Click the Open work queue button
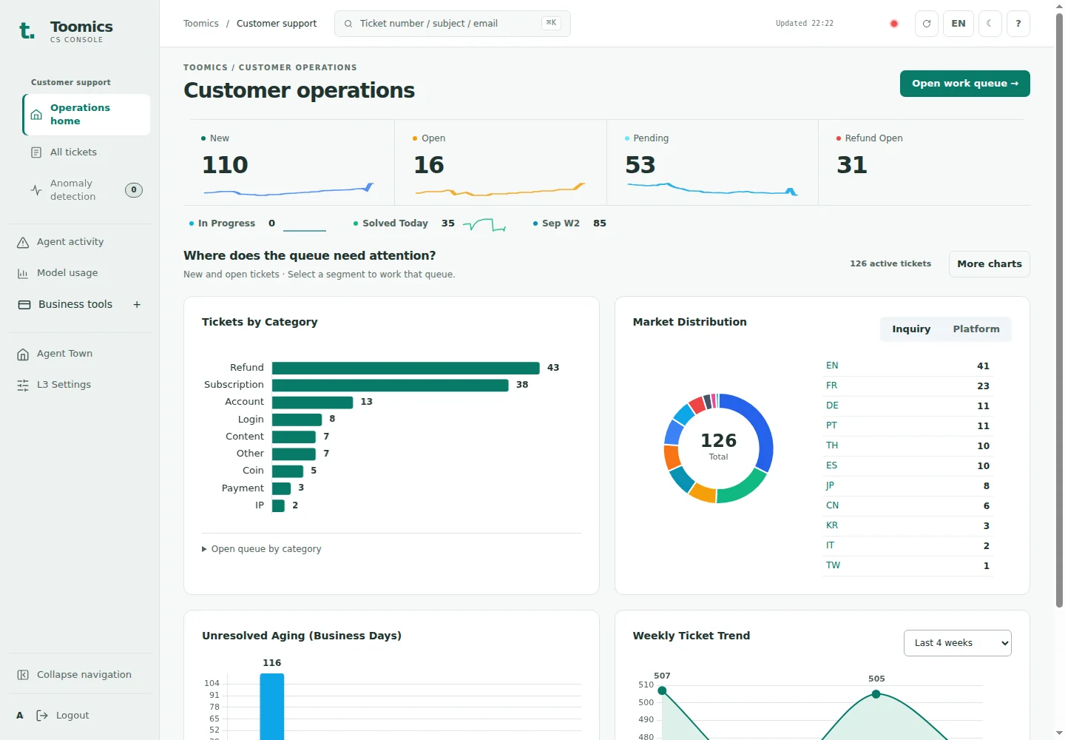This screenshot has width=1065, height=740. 964,84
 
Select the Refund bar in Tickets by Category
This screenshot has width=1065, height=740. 405,368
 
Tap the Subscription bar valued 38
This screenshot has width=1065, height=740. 390,385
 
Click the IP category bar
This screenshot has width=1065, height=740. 278,505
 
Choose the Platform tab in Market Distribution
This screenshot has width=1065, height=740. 976,329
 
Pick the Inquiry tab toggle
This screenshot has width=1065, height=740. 911,329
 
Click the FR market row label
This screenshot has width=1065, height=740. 831,386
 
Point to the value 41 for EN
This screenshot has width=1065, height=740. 983,366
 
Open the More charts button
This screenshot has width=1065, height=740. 989,264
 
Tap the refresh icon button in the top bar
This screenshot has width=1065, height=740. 926,24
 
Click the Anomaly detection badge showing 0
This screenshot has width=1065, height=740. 134,190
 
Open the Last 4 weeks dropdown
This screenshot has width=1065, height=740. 957,643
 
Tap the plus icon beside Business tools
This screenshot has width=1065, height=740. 137,304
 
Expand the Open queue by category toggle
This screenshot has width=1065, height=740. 262,549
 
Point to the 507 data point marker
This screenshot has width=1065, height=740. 662,690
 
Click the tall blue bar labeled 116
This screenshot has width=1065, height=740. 272,707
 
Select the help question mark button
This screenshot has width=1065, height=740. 1018,24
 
